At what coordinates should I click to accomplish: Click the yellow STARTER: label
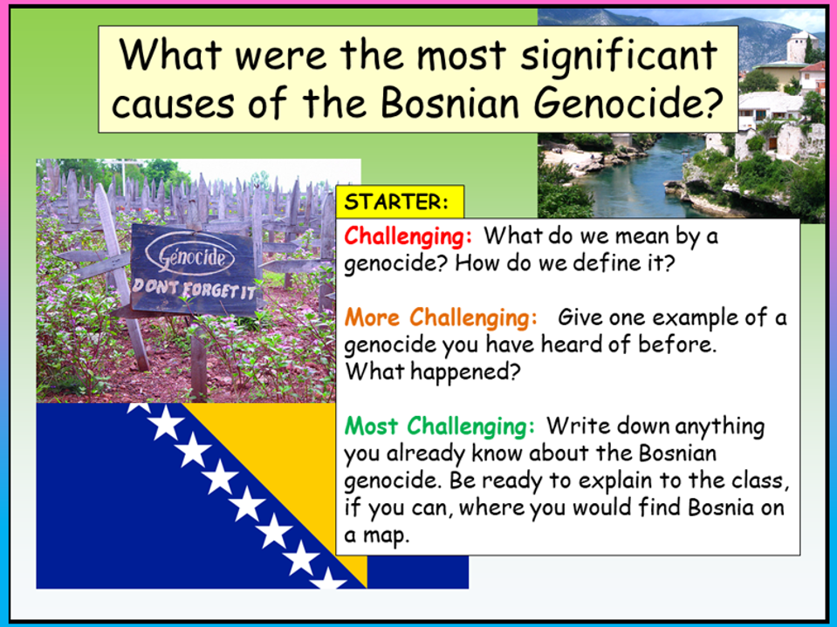click(x=397, y=202)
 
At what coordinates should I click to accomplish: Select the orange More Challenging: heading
click(x=440, y=317)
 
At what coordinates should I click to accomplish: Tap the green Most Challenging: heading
click(x=440, y=426)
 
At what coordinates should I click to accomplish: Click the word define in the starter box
click(x=586, y=263)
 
